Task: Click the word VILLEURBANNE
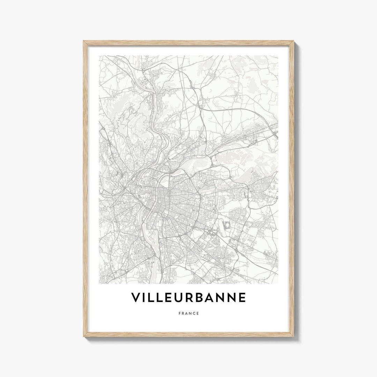(x=188, y=297)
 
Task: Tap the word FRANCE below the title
(x=188, y=313)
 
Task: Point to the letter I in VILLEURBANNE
(x=145, y=297)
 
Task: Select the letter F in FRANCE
(x=179, y=313)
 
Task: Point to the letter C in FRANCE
(x=194, y=313)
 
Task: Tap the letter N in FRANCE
(x=190, y=313)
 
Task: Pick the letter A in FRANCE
(x=186, y=313)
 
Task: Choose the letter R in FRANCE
(x=183, y=313)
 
